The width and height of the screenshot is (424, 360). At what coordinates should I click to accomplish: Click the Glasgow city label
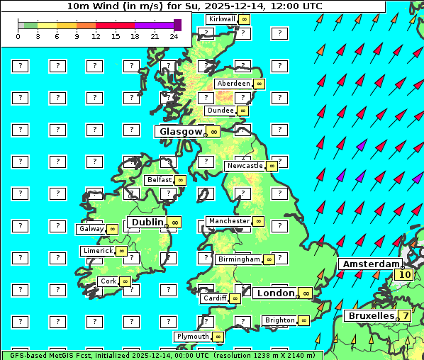(x=181, y=132)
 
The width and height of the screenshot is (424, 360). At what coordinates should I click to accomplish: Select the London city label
(x=275, y=293)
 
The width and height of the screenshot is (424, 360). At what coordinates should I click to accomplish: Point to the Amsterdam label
(x=369, y=264)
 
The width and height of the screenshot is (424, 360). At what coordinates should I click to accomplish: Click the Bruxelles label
(x=370, y=315)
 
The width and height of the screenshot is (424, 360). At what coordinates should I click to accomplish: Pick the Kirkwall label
(x=223, y=18)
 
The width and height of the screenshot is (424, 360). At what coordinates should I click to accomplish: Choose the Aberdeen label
(x=234, y=84)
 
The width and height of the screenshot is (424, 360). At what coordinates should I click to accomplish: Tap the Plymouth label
(x=193, y=337)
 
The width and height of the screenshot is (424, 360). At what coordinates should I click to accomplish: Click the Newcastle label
(x=245, y=166)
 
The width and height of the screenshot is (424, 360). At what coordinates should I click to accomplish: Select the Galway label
(x=91, y=229)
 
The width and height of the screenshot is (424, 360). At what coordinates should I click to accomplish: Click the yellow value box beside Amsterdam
(x=405, y=275)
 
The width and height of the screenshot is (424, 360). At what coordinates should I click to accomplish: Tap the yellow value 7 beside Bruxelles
(x=404, y=315)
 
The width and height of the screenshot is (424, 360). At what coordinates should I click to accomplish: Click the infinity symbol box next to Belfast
(x=180, y=180)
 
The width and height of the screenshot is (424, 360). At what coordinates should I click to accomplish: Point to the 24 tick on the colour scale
(x=174, y=35)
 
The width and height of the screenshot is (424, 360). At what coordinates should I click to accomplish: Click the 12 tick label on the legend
(x=96, y=35)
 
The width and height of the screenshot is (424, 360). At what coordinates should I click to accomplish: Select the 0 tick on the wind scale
(x=18, y=35)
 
